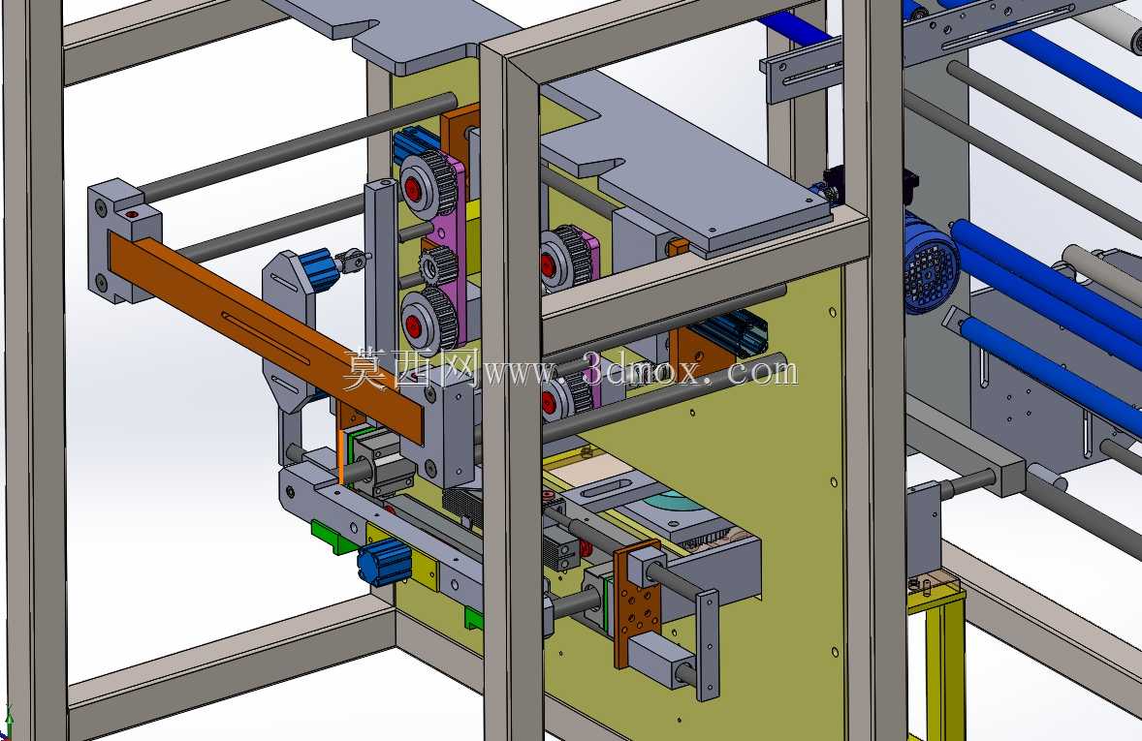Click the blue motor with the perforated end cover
pos(931,264)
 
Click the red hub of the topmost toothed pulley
pos(412,191)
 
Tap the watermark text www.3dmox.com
pos(641,370)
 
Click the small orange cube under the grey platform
pos(678,247)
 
